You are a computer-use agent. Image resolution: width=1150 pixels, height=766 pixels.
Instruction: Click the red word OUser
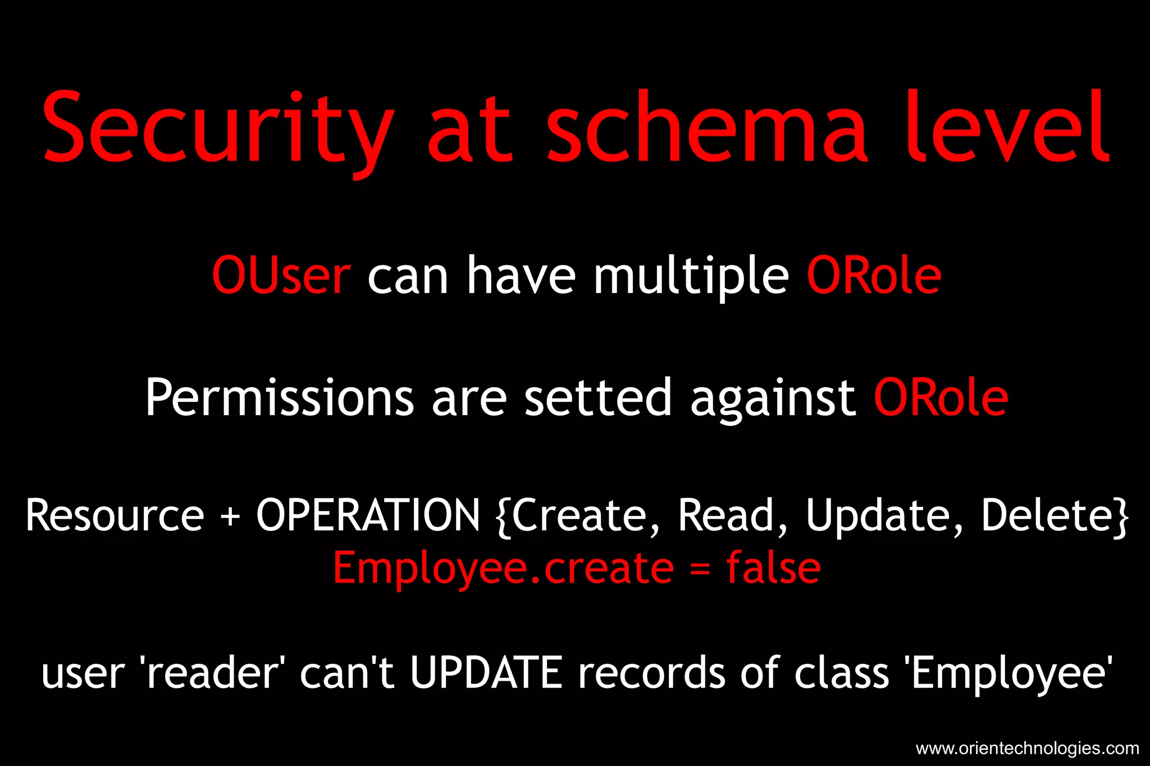click(281, 276)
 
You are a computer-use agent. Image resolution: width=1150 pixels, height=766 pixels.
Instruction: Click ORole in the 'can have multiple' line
click(874, 276)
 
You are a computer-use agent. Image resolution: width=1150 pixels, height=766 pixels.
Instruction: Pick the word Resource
click(115, 516)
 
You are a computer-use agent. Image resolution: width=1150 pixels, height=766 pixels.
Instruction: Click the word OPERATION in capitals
click(368, 516)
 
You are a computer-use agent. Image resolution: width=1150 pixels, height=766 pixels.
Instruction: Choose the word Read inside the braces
click(727, 516)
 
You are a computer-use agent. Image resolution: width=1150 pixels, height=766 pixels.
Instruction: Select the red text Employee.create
click(503, 568)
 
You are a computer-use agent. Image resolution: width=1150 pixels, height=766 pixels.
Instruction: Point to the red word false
click(773, 568)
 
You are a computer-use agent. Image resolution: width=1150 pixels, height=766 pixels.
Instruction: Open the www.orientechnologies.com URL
click(1027, 748)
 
